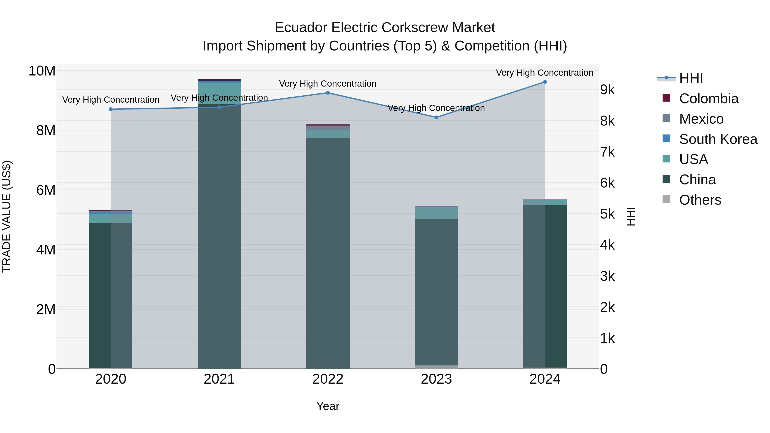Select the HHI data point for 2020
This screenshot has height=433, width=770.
point(111,109)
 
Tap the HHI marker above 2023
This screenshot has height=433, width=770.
point(436,117)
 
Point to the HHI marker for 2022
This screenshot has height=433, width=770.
point(328,93)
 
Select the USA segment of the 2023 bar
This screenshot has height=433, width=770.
point(436,213)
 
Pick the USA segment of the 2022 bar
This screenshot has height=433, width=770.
point(328,134)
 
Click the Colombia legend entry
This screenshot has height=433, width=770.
point(708,99)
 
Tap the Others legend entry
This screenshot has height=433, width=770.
point(700,200)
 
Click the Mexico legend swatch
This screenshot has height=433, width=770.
point(666,118)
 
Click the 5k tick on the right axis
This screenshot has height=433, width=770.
point(607,214)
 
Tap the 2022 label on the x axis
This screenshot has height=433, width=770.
point(328,379)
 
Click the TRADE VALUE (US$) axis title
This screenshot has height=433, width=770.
point(7,216)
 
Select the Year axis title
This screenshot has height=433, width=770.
point(328,406)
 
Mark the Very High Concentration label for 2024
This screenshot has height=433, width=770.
point(544,73)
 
